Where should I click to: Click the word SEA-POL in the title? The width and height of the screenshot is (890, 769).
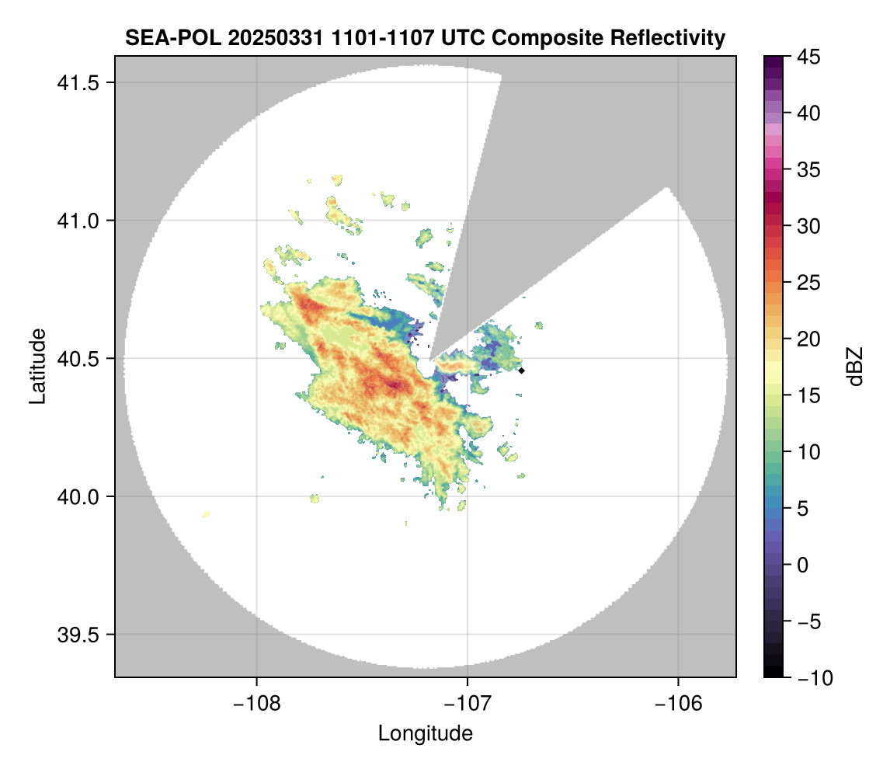(161, 37)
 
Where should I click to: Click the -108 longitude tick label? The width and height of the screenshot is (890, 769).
(256, 703)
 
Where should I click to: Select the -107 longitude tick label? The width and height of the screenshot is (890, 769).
(468, 703)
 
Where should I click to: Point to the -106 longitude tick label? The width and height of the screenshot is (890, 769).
(679, 703)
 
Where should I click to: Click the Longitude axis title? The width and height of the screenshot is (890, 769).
(425, 732)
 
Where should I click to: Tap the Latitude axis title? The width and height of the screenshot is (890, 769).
(37, 366)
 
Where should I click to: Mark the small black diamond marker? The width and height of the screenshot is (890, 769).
(522, 371)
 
